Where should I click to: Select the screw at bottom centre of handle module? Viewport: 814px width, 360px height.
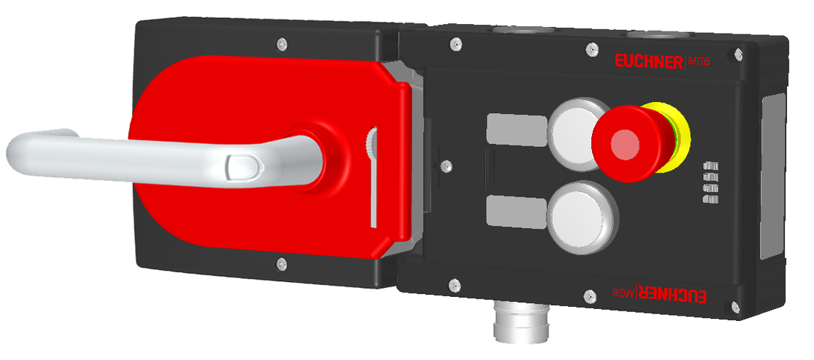[x=281, y=262]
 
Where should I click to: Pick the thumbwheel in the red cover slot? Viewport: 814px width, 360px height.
[x=371, y=143]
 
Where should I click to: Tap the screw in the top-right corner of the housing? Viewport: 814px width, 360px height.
[x=740, y=54]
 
